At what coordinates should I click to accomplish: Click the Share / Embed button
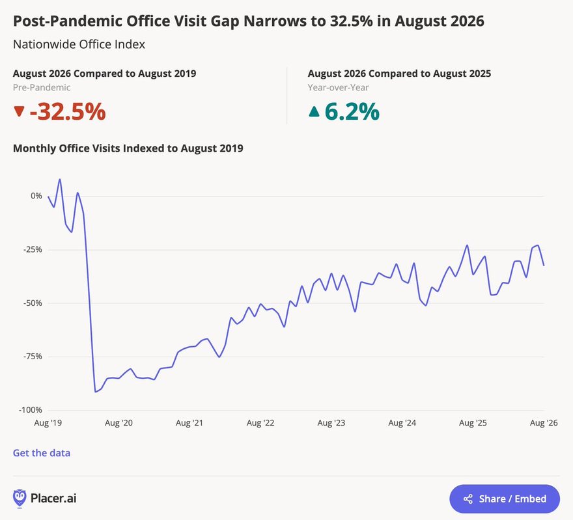pos(504,499)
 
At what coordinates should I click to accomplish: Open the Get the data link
pos(42,453)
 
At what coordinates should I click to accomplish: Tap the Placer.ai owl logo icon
pos(20,499)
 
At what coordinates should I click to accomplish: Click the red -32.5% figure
pos(68,111)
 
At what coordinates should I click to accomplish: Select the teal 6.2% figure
pos(352,111)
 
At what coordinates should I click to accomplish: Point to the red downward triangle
pos(19,111)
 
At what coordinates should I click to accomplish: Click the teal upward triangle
pos(314,111)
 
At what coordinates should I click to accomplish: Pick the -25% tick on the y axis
pos(33,250)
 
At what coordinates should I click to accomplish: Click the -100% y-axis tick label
pos(31,410)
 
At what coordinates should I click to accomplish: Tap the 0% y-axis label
pos(36,196)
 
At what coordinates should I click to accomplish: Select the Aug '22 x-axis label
pos(260,423)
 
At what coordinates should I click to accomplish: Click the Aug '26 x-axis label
pos(544,423)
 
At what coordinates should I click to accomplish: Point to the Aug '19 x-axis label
pos(48,423)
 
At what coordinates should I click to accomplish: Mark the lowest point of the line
pos(95,392)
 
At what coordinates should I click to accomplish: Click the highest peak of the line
pos(60,179)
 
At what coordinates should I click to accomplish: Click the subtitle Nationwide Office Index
pos(79,44)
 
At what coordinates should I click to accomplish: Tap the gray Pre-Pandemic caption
pos(42,88)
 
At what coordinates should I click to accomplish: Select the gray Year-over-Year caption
pos(338,88)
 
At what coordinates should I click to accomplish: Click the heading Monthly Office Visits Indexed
pos(128,148)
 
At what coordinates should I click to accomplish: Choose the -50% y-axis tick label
pos(33,303)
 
